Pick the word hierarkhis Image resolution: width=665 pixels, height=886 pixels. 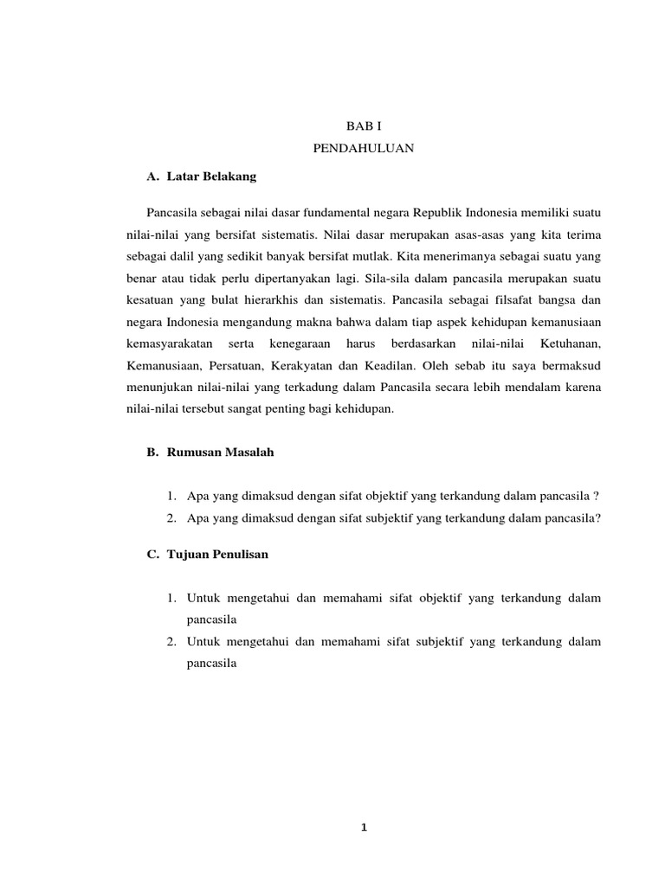[284, 301]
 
